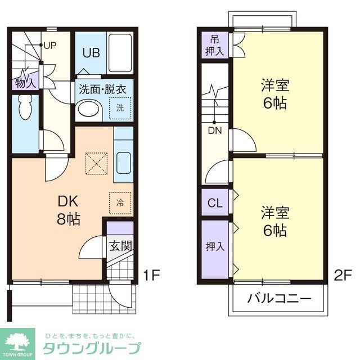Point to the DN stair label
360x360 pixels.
pos(214,131)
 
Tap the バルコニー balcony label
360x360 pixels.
pos(279,299)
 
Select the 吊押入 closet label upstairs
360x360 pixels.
pos(215,46)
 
